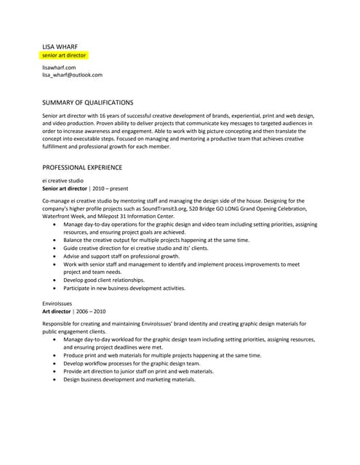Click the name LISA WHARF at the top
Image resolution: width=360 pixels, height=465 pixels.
pyautogui.click(x=60, y=46)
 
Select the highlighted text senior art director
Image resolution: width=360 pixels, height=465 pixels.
pyautogui.click(x=65, y=54)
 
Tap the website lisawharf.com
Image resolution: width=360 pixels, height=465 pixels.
pyautogui.click(x=60, y=67)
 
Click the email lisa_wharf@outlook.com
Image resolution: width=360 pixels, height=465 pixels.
pyautogui.click(x=72, y=75)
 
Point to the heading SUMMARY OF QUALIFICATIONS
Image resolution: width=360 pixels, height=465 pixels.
pyautogui.click(x=88, y=102)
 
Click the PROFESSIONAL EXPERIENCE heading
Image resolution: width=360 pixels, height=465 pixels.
pyautogui.click(x=82, y=167)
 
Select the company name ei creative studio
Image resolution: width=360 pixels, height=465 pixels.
pyautogui.click(x=63, y=180)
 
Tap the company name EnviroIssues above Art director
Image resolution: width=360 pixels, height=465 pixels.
pyautogui.click(x=59, y=303)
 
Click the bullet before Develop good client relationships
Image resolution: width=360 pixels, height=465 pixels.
pyautogui.click(x=57, y=280)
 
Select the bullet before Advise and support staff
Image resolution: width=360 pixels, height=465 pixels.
pyautogui.click(x=57, y=256)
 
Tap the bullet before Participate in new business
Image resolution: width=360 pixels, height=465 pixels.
pyautogui.click(x=57, y=288)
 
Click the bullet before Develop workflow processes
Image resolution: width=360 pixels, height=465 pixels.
pyautogui.click(x=57, y=363)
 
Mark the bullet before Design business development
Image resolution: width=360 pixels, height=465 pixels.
pyautogui.click(x=57, y=379)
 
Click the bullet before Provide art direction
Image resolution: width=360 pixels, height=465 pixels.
pyautogui.click(x=57, y=371)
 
